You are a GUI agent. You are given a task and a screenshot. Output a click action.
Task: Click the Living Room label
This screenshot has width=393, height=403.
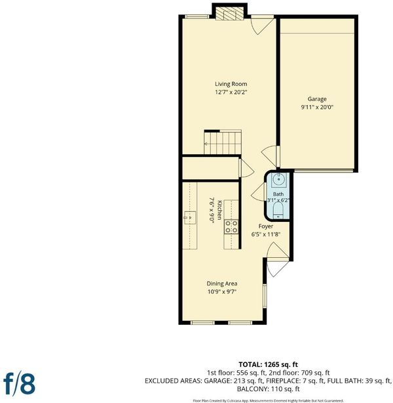pos(231,84)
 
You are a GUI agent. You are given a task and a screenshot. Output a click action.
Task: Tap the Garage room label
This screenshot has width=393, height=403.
pos(317,99)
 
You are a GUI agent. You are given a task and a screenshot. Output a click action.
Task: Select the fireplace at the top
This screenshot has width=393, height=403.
pos(229,13)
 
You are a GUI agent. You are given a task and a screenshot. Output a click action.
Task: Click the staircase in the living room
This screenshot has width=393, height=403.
pos(223,142)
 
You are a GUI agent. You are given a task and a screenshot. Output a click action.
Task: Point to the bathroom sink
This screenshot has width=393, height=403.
pos(278,179)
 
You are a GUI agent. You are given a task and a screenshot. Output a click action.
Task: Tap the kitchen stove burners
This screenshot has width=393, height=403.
pos(231,227)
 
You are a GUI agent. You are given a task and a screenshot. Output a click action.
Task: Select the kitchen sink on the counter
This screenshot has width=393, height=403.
pos(190,218)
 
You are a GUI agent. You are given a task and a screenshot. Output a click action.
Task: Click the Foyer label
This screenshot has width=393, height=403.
pos(266,226)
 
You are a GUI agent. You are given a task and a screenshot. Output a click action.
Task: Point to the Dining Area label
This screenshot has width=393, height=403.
pos(222,284)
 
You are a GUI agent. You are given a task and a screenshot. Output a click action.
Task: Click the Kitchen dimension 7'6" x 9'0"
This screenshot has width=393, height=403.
pos(212,211)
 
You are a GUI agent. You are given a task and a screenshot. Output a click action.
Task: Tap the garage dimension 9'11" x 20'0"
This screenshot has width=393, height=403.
pos(317,107)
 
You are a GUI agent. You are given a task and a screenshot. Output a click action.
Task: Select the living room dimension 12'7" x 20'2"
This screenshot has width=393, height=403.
pos(231,92)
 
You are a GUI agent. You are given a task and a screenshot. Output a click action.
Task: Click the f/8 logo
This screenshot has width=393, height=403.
pos(19,383)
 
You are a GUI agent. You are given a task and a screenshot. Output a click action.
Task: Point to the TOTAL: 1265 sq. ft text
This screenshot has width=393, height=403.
pos(268,364)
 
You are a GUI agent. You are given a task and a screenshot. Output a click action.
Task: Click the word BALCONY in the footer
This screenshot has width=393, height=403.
pos(252,389)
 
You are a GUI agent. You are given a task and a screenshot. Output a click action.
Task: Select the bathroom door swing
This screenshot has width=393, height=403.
pos(259,192)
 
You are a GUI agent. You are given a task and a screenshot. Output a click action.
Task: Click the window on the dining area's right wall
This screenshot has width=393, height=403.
pos(265,295)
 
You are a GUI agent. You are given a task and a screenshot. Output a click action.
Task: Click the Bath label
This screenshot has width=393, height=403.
pos(278,194)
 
